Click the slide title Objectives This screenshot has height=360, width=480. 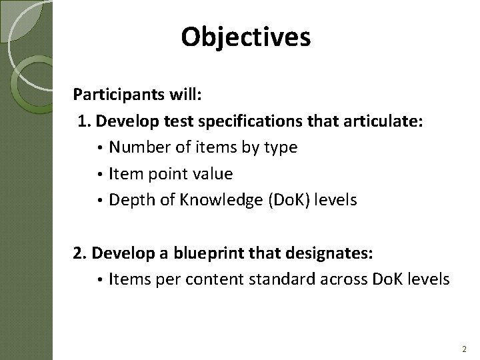245,38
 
